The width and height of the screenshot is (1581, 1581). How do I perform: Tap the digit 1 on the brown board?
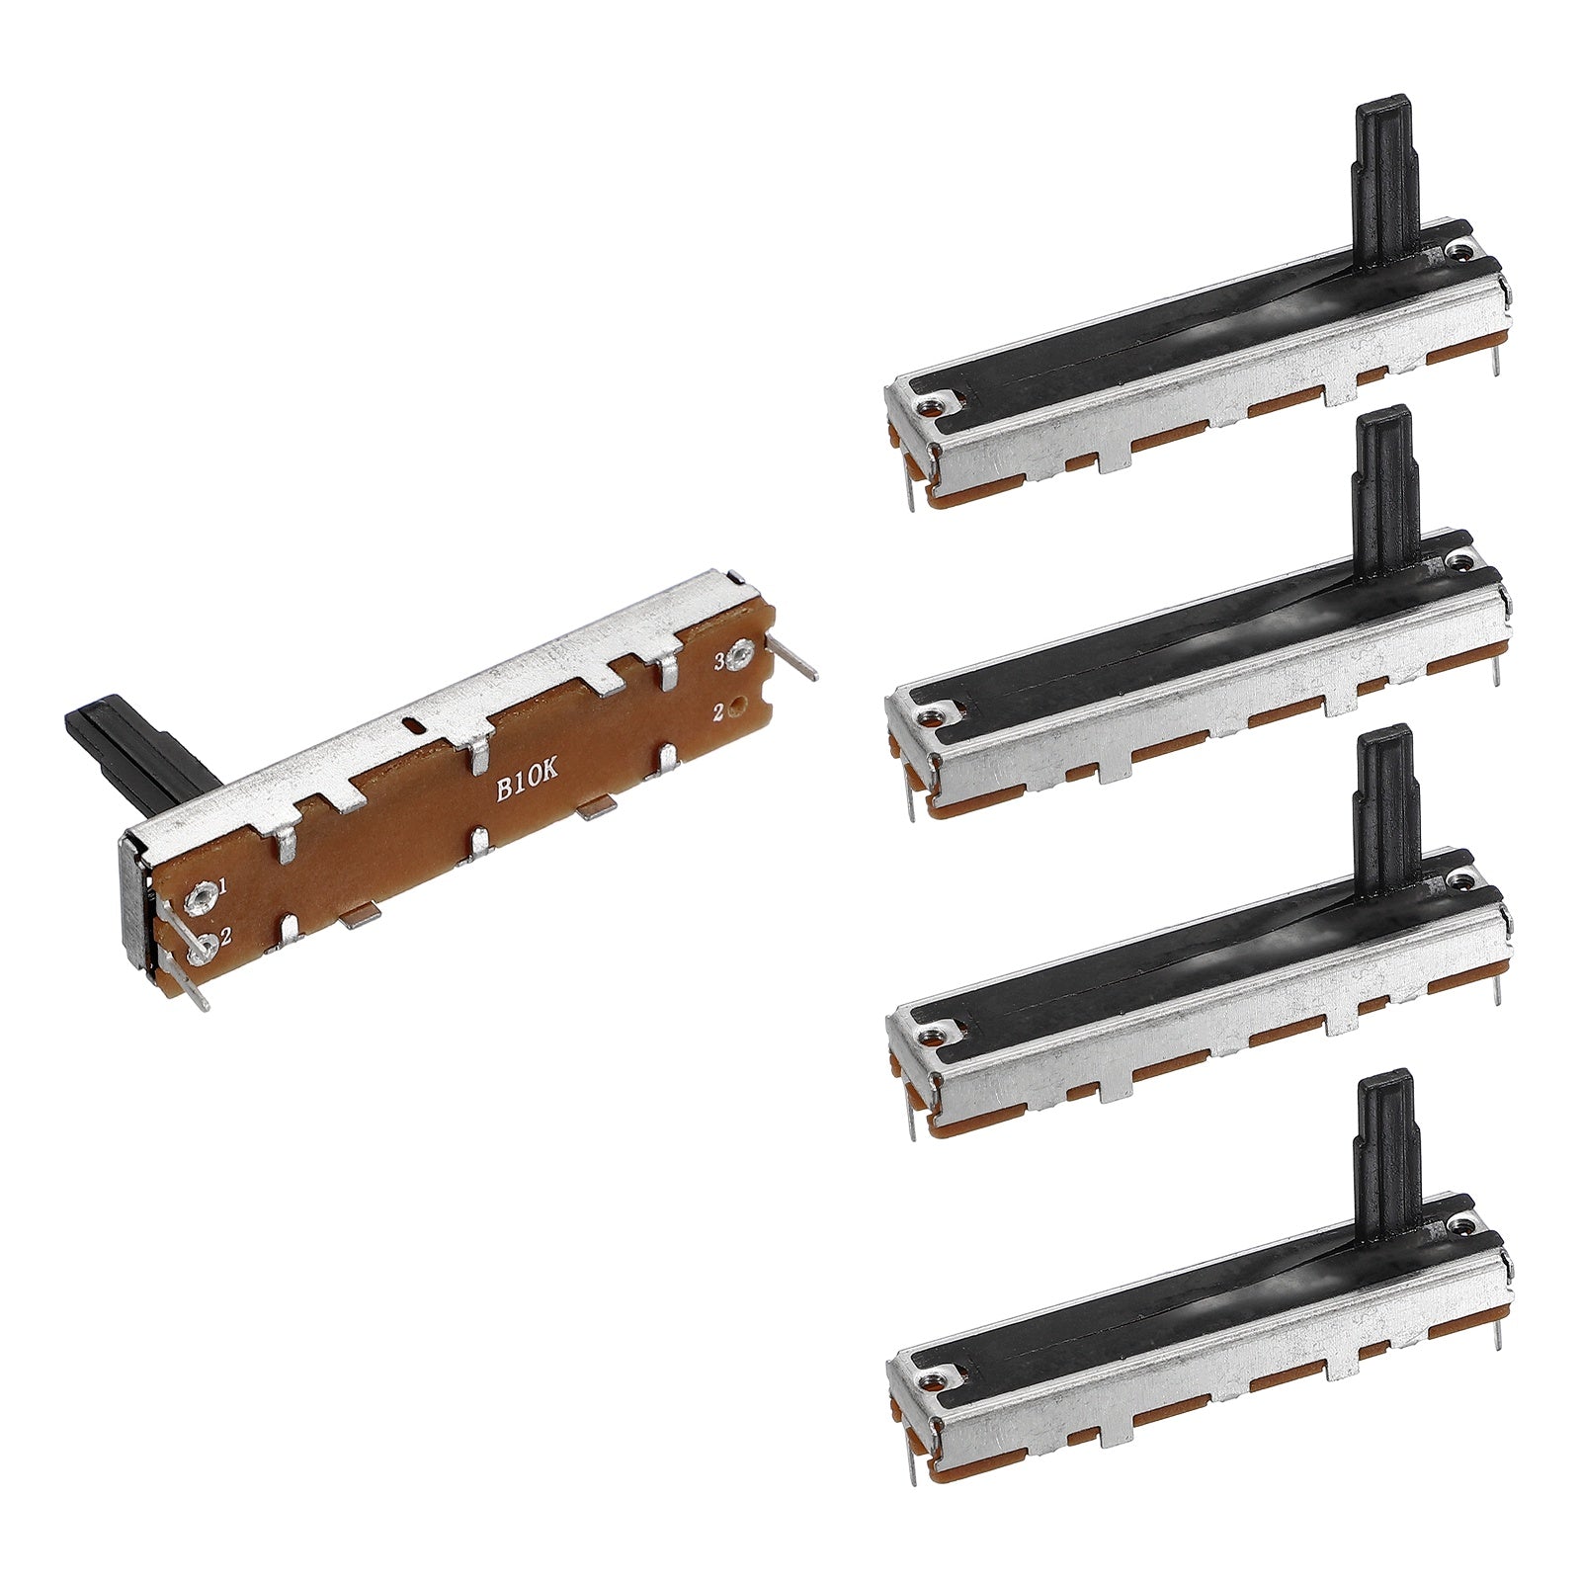point(224,887)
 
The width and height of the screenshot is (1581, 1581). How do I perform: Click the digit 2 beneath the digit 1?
point(225,936)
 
